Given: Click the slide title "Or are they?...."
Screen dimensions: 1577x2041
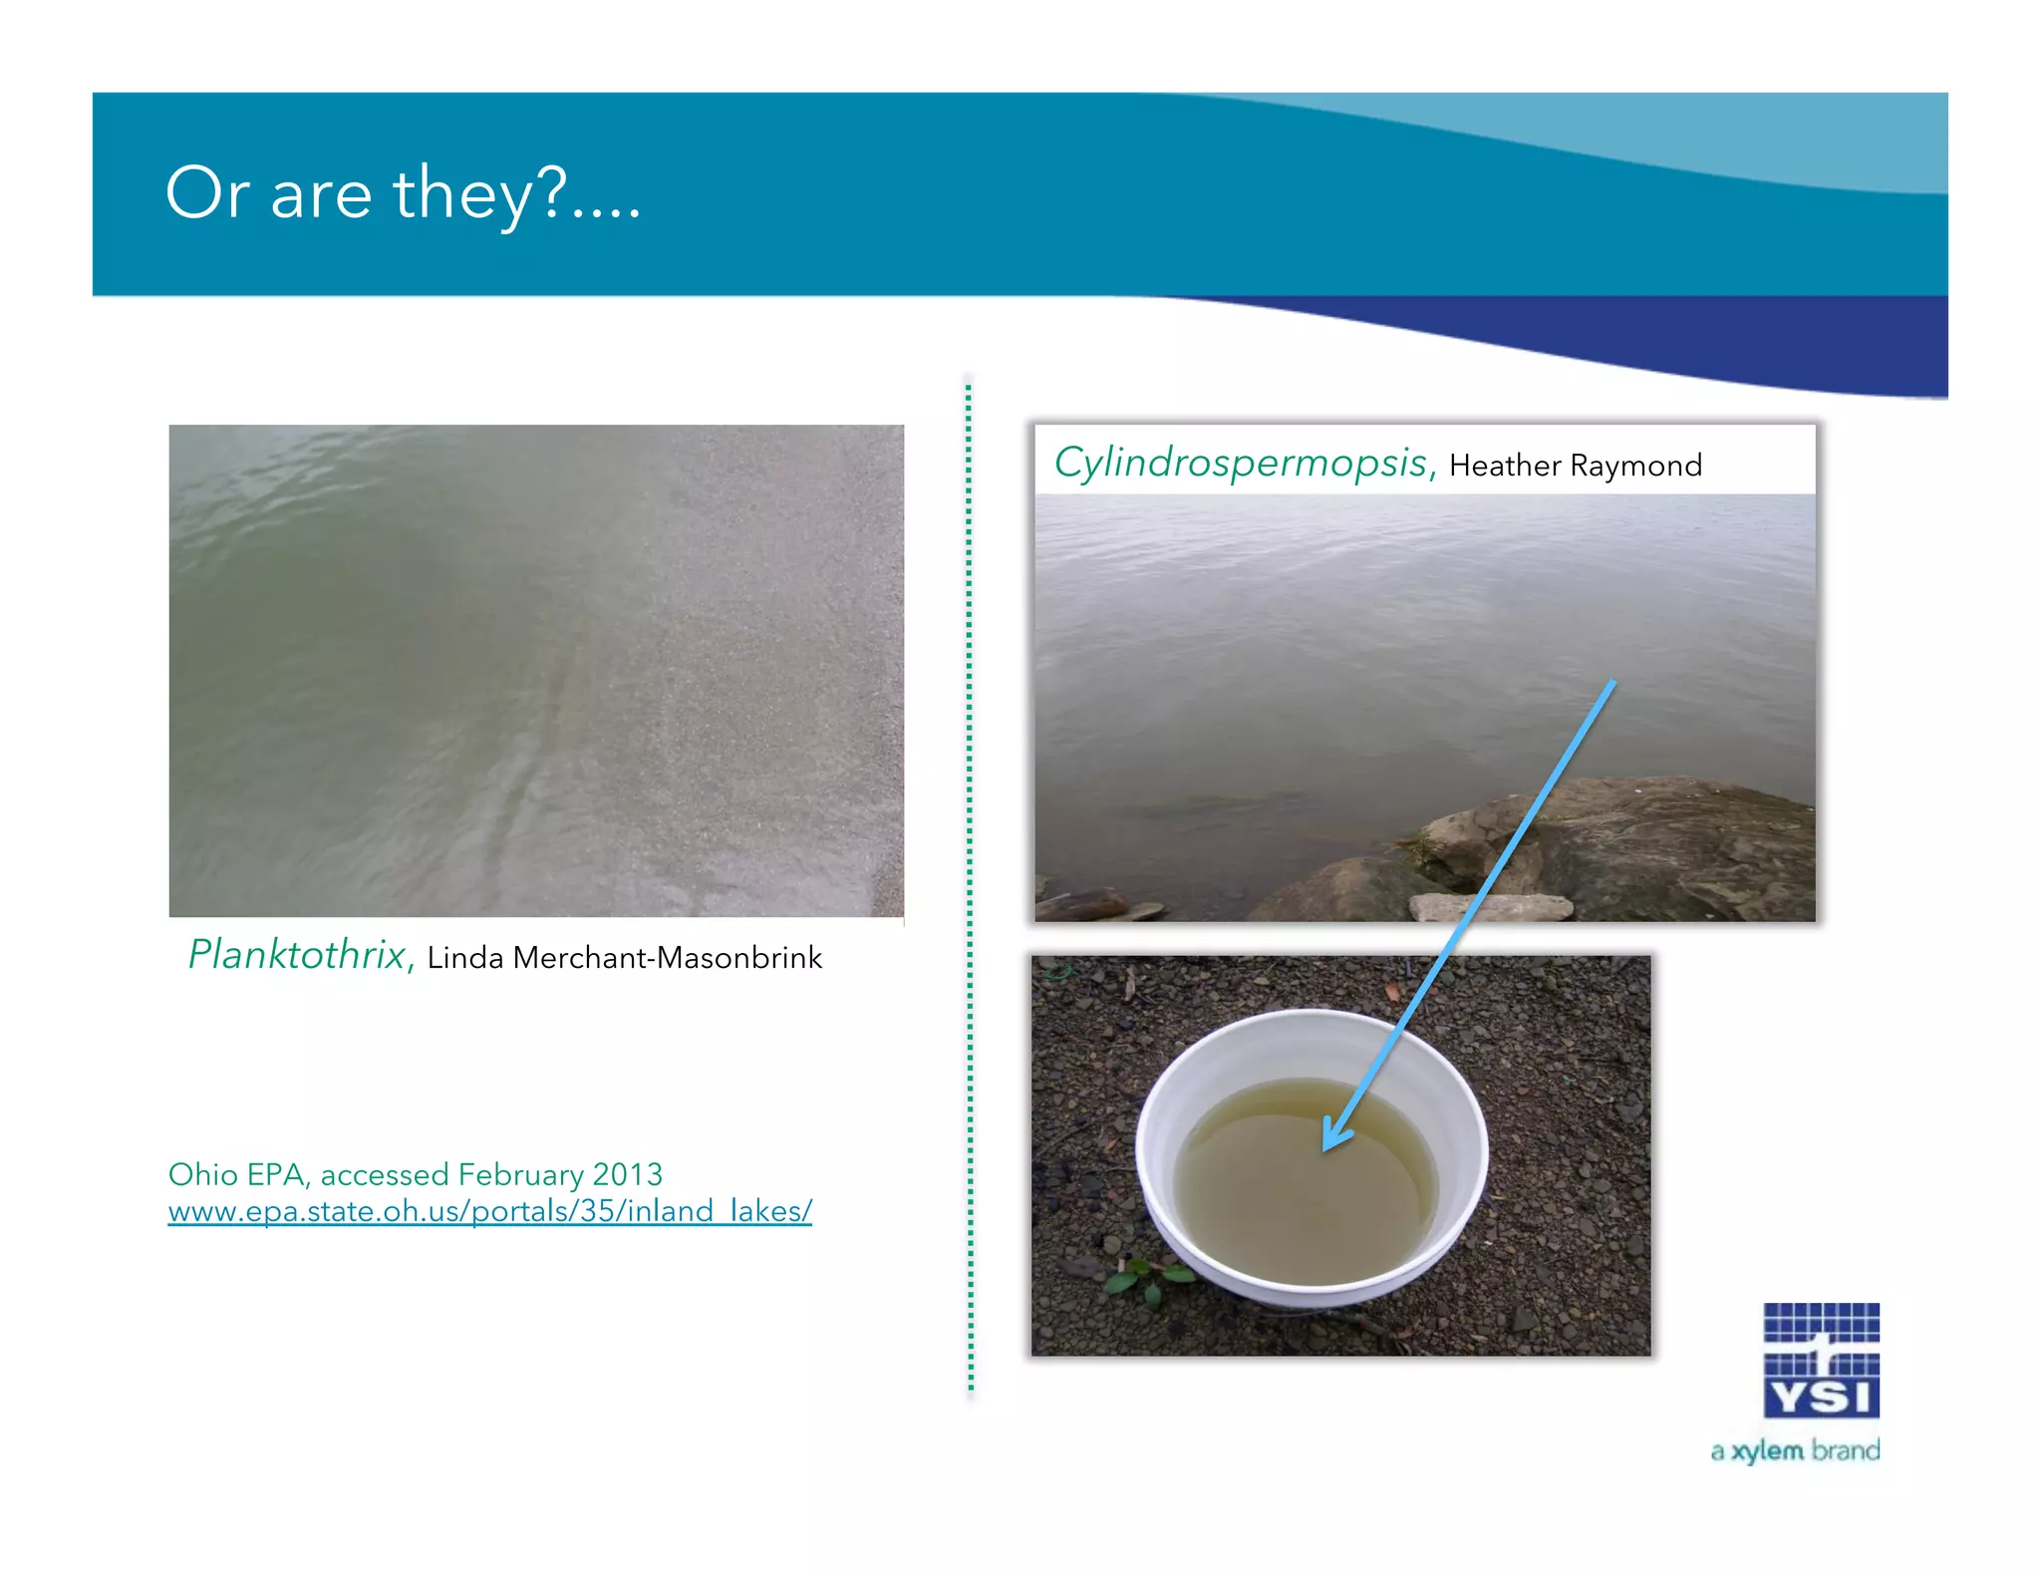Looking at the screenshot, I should click(x=403, y=193).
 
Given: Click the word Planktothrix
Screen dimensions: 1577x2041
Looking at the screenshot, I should click(x=297, y=955).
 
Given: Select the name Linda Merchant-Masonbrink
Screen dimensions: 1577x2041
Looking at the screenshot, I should click(x=625, y=958).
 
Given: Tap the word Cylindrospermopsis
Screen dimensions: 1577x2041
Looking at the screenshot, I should click(x=1241, y=464).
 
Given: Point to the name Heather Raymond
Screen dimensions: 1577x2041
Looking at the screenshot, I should click(x=1575, y=466).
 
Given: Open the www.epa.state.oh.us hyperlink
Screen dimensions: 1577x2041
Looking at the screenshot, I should click(x=489, y=1211).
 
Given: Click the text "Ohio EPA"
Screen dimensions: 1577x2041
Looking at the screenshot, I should click(x=235, y=1174).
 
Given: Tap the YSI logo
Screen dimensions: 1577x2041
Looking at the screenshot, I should click(x=1821, y=1360).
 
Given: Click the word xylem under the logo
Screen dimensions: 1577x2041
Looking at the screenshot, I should click(x=1767, y=1451).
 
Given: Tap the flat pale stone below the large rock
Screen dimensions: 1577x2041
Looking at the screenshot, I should click(x=1490, y=907).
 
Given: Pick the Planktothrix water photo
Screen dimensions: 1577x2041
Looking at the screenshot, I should click(x=536, y=670).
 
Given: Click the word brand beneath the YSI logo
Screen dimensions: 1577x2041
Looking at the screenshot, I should click(x=1846, y=1450).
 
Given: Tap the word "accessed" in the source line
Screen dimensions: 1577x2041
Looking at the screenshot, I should click(x=385, y=1175).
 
